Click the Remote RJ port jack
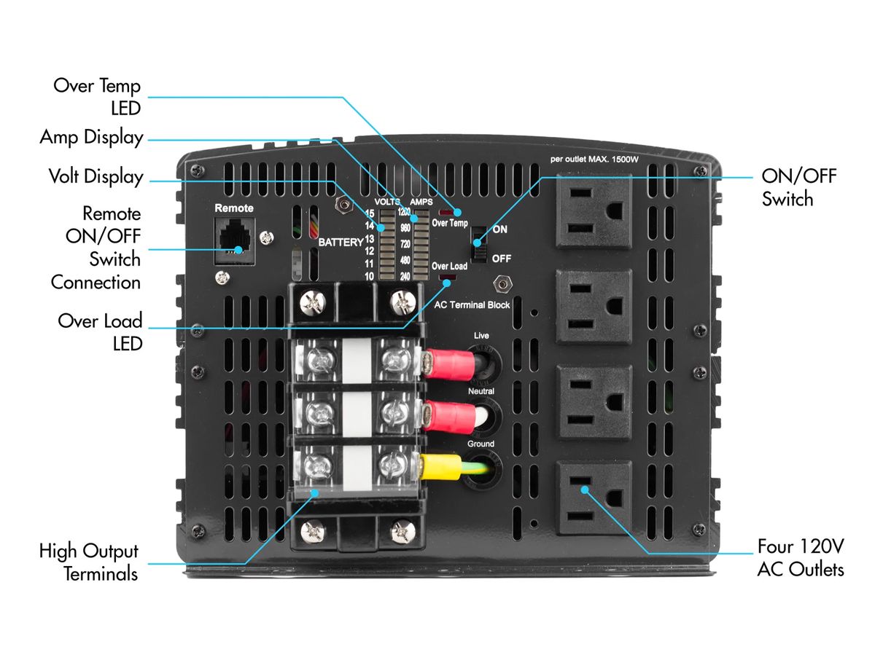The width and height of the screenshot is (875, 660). pyautogui.click(x=234, y=240)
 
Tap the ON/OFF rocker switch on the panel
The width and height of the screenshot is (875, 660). pyautogui.click(x=479, y=243)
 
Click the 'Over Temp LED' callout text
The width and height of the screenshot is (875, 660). pyautogui.click(x=97, y=96)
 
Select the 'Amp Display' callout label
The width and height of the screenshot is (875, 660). pyautogui.click(x=92, y=137)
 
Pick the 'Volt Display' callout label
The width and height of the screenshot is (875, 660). pyautogui.click(x=96, y=176)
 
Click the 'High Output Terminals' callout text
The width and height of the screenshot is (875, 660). pyautogui.click(x=89, y=562)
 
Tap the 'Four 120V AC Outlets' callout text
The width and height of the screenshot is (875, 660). pyautogui.click(x=801, y=557)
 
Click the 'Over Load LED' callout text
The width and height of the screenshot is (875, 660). pyautogui.click(x=100, y=331)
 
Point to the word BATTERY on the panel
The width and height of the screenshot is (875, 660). pyautogui.click(x=341, y=242)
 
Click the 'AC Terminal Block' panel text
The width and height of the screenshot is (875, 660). pyautogui.click(x=472, y=305)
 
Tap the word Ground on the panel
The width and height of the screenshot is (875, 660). pyautogui.click(x=480, y=444)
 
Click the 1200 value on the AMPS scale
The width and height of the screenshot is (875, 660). pyautogui.click(x=403, y=213)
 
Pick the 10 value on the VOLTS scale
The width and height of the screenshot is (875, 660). pyautogui.click(x=370, y=276)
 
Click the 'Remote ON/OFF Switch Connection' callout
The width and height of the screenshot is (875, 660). pyautogui.click(x=96, y=248)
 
